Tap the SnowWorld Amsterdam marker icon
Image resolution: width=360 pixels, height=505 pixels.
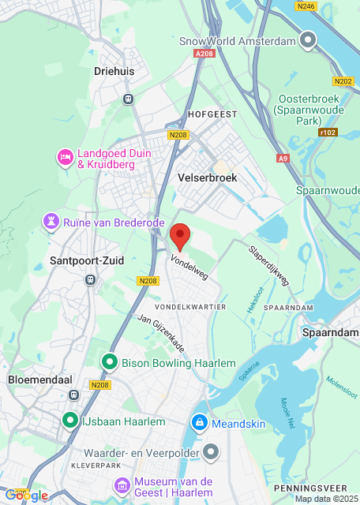309,40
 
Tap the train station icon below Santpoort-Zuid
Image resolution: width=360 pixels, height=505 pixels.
91,279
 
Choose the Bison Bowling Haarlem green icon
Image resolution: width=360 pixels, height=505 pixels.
109,363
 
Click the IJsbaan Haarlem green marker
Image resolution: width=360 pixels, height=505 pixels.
70,421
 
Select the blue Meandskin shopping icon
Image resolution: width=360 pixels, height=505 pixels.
200,424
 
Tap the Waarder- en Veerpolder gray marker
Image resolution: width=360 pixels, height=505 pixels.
211,452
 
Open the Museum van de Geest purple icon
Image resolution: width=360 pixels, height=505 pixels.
121,483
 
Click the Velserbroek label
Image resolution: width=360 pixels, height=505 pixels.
208,178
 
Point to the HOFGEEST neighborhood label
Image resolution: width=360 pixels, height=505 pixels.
212,114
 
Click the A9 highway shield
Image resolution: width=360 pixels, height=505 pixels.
283,159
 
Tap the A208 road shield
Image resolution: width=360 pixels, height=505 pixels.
204,53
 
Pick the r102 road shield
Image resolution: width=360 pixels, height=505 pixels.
328,132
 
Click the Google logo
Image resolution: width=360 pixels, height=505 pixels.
26,495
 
